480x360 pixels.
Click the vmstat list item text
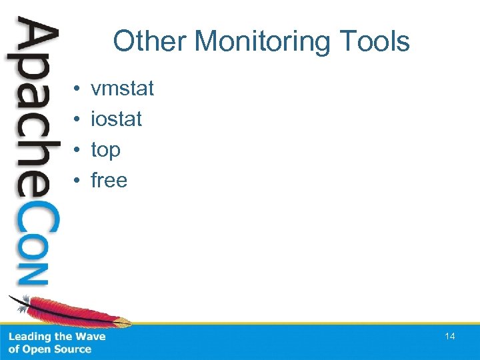tap(122, 88)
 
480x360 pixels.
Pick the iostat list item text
tap(116, 119)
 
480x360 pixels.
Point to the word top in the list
tap(105, 151)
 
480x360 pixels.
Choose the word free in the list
tap(109, 180)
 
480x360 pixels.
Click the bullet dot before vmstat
tap(77, 89)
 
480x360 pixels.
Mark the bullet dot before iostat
tap(77, 119)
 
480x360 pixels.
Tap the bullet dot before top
tap(77, 150)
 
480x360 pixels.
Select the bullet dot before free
tap(77, 181)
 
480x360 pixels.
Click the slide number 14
tap(450, 337)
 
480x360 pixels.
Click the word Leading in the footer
tap(29, 337)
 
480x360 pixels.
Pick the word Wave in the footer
tap(91, 337)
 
